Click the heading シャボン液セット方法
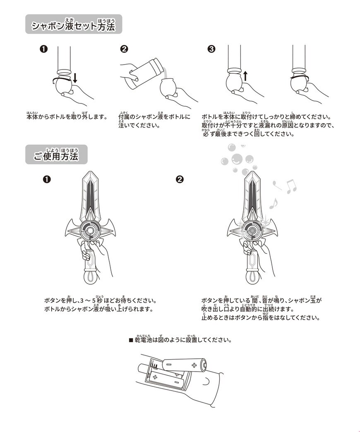point(74,26)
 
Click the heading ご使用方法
point(56,156)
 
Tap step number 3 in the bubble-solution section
point(211,49)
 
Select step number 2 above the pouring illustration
point(124,49)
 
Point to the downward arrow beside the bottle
point(75,78)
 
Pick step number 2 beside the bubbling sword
point(180,179)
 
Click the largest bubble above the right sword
point(237,158)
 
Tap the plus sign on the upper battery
point(194,365)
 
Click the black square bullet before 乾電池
point(131,340)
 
